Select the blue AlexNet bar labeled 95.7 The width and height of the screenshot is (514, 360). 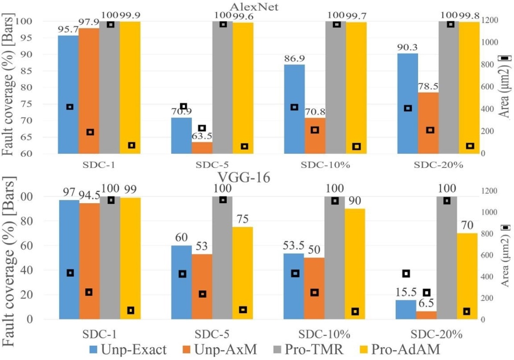click(x=68, y=94)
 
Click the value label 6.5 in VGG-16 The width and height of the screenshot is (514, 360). click(x=427, y=305)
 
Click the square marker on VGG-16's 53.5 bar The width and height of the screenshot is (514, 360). click(x=295, y=273)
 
